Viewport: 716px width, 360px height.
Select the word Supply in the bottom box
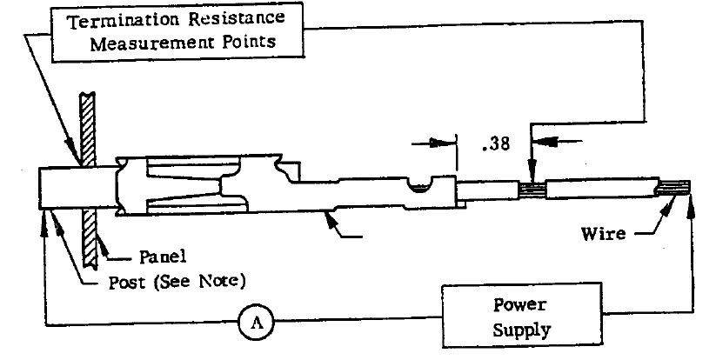click(x=519, y=330)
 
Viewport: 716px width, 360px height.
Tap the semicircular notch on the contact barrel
click(x=421, y=186)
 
